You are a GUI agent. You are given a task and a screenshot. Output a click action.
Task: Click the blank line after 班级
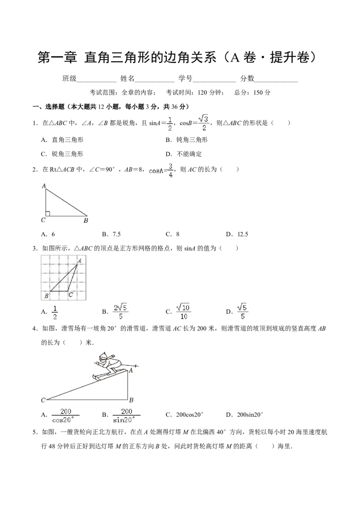96,82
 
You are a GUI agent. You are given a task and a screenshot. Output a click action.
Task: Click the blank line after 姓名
155,82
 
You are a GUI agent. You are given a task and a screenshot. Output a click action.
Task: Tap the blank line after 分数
276,82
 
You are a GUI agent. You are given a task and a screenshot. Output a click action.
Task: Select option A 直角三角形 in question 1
63,140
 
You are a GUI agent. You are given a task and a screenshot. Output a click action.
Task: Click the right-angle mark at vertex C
47,213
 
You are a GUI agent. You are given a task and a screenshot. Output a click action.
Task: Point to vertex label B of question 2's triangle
86,221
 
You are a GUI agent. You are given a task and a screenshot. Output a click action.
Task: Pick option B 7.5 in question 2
112,234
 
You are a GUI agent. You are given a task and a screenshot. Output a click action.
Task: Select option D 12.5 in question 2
237,234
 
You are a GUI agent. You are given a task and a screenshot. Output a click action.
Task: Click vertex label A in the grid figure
79,260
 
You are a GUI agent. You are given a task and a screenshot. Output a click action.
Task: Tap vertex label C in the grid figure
71,295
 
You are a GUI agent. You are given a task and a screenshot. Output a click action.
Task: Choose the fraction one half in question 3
55,313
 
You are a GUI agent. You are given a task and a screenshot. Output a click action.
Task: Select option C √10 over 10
184,312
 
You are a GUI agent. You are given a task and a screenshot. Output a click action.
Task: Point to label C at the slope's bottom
43,400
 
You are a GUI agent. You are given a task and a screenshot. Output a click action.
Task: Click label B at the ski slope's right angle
131,400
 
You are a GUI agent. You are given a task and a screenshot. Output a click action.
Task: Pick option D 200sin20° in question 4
245,415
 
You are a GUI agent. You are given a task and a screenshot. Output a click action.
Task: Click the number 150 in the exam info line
258,93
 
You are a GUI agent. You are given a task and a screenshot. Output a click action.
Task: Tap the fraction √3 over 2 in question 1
203,123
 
